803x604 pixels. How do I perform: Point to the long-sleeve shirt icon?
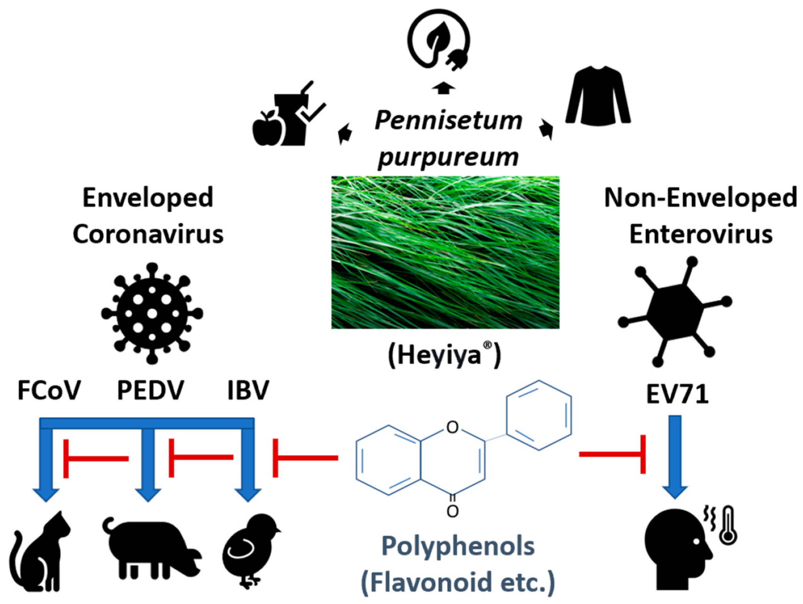[598, 96]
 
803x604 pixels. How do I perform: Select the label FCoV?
[49, 391]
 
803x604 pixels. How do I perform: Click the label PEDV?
[150, 391]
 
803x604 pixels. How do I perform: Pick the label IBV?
[248, 391]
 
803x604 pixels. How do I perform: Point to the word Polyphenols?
[458, 547]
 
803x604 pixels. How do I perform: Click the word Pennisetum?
[448, 121]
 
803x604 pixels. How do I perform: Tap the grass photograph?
[445, 253]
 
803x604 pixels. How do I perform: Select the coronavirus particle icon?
[152, 314]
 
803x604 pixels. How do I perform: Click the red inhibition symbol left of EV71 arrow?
[617, 454]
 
